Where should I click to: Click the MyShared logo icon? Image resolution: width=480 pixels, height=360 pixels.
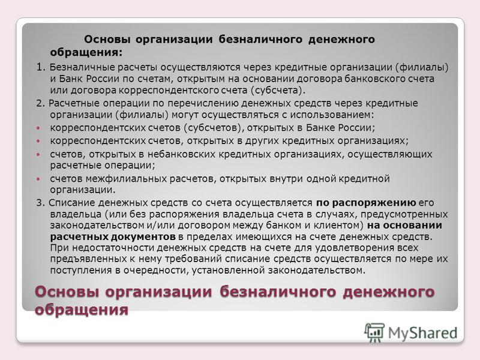click(374, 332)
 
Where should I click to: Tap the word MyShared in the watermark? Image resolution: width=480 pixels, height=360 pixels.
click(422, 333)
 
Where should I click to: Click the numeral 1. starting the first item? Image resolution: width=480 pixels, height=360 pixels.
click(41, 67)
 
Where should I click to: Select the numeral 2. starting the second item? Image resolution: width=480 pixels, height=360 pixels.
click(41, 103)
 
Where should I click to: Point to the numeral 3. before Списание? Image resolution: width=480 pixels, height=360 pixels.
click(41, 203)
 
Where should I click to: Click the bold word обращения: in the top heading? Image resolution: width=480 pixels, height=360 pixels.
click(86, 52)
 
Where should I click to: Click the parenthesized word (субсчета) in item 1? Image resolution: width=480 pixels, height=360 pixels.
click(278, 91)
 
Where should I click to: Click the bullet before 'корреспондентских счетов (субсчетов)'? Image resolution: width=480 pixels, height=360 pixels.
click(38, 128)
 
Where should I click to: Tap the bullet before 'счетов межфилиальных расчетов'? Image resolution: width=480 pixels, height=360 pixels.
click(38, 178)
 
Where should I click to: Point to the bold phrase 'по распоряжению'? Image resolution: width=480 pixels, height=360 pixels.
click(366, 203)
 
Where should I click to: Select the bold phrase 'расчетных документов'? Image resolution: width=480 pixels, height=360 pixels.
click(113, 236)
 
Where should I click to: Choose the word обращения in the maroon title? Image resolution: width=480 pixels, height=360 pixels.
click(82, 310)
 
